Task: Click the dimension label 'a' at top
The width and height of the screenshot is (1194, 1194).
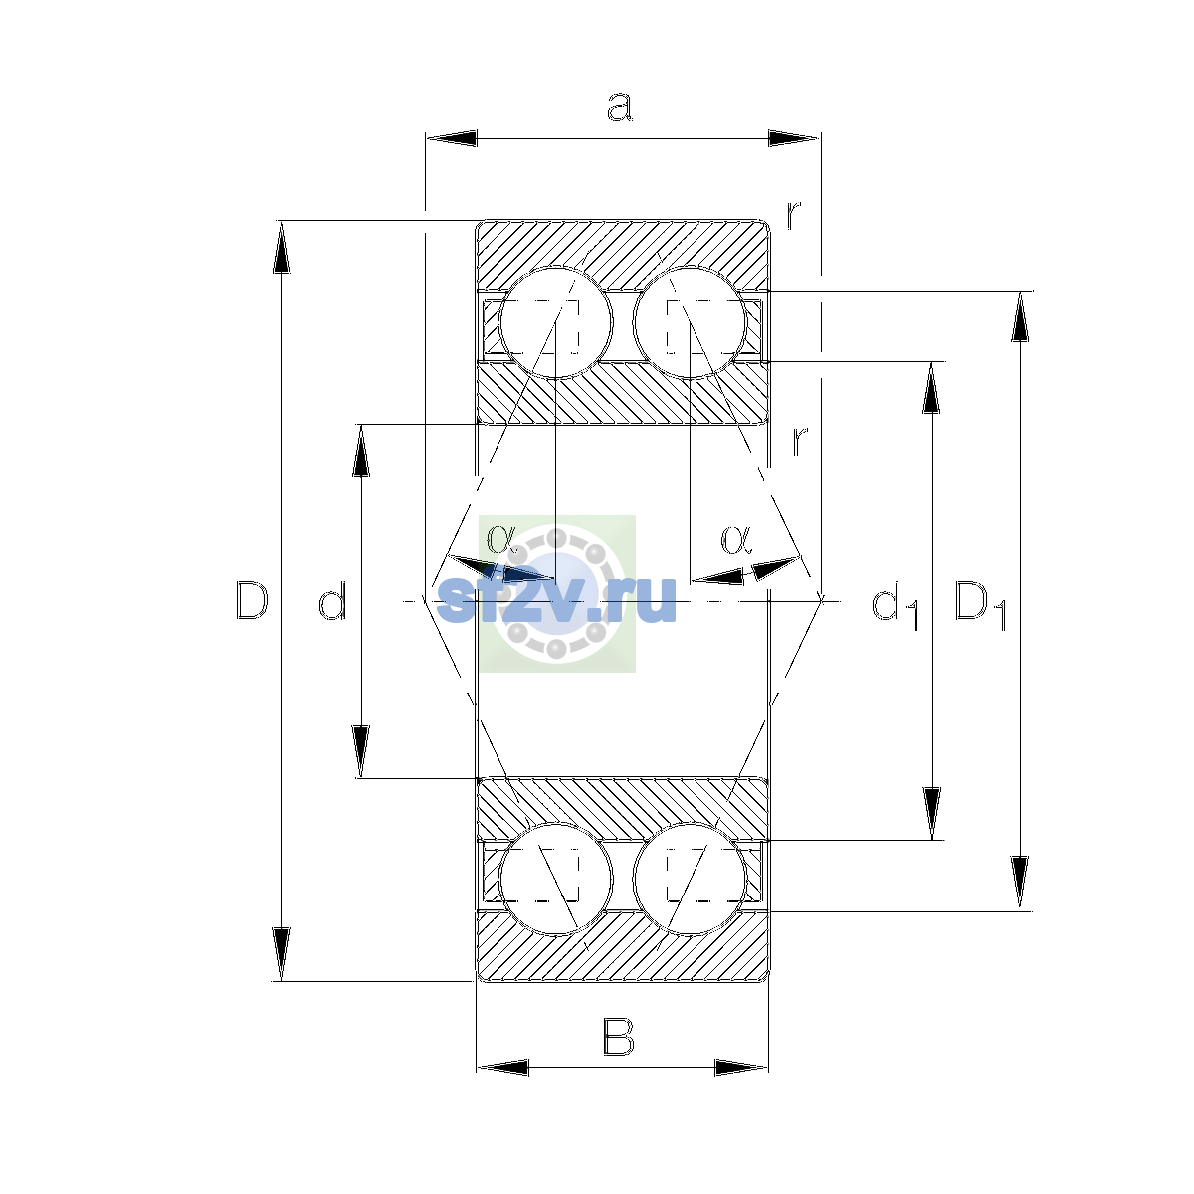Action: point(619,107)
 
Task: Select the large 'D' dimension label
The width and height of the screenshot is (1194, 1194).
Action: point(252,600)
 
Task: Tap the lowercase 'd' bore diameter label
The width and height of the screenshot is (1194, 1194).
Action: point(332,600)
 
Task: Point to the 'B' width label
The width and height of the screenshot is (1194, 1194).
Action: point(618,1036)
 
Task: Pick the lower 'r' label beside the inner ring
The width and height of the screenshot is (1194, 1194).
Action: point(800,440)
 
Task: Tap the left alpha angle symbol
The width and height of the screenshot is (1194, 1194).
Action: point(501,538)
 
